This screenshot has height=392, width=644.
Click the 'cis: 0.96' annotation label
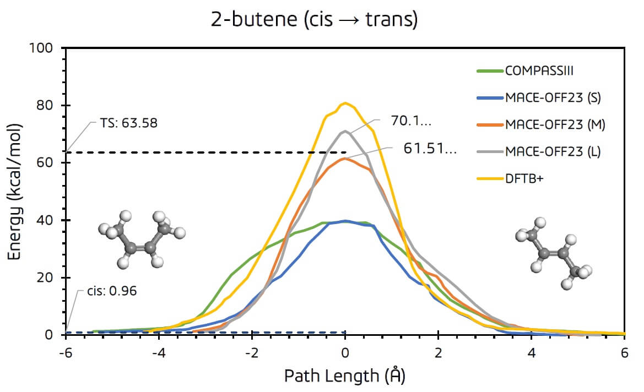(x=113, y=291)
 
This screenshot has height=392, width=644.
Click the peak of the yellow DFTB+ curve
(x=345, y=103)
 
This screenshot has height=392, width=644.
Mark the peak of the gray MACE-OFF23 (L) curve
(x=345, y=131)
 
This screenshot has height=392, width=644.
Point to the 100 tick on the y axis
(x=44, y=48)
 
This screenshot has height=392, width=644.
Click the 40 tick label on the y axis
(x=47, y=220)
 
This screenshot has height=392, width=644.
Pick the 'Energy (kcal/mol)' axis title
(x=15, y=192)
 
